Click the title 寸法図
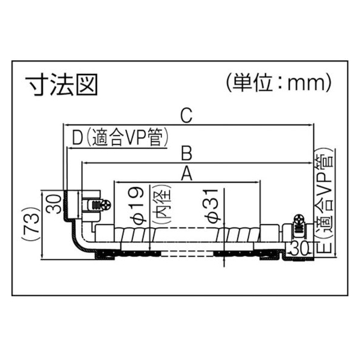(61, 84)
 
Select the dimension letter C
(186, 116)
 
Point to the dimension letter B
(187, 153)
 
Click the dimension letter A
(187, 173)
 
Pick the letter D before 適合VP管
(78, 137)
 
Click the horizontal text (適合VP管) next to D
(128, 137)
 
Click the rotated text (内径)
(163, 203)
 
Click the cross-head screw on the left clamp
(106, 205)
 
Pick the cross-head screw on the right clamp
(299, 219)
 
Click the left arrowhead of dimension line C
(66, 125)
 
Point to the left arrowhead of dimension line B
(85, 163)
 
